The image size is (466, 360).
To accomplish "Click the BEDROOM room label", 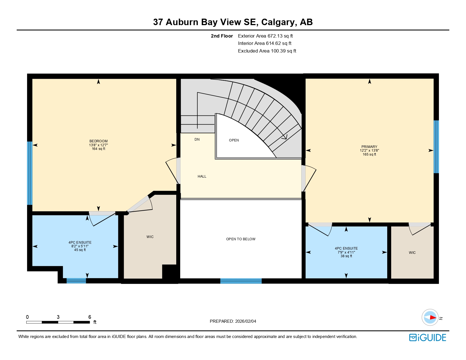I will click(x=98, y=141).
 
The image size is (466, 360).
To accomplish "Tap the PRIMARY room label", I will click(x=369, y=147).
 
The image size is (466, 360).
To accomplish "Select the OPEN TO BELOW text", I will click(x=241, y=239).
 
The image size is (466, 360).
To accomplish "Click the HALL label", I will click(x=202, y=176).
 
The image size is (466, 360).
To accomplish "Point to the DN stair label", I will click(x=197, y=139).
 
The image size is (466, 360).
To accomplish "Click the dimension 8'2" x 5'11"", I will click(x=80, y=246).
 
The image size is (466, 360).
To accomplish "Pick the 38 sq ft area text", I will click(x=346, y=256).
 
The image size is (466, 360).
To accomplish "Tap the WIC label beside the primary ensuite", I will click(x=412, y=253).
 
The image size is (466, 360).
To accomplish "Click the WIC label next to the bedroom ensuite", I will click(x=150, y=237).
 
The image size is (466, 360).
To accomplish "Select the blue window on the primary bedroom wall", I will click(x=436, y=147).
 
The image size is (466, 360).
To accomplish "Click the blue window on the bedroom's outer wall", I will click(x=30, y=173).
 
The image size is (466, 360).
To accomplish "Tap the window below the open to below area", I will click(x=241, y=281).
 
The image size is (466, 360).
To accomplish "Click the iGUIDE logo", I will click(x=428, y=338).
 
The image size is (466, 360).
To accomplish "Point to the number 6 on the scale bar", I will click(x=90, y=317).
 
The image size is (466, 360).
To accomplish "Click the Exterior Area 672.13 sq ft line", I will click(x=265, y=36).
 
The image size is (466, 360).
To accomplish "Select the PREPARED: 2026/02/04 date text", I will click(x=233, y=321).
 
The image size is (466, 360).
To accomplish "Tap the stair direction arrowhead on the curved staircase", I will click(x=284, y=137).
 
